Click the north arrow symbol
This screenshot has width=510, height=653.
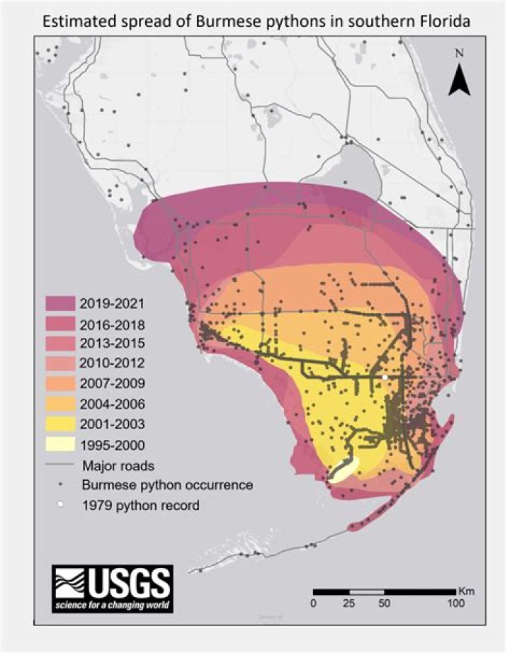(458, 79)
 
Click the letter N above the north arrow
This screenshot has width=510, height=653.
(459, 53)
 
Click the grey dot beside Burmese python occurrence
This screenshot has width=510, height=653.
(62, 485)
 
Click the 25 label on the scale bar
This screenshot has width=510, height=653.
(349, 603)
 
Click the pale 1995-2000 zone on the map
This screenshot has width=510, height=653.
(344, 468)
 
